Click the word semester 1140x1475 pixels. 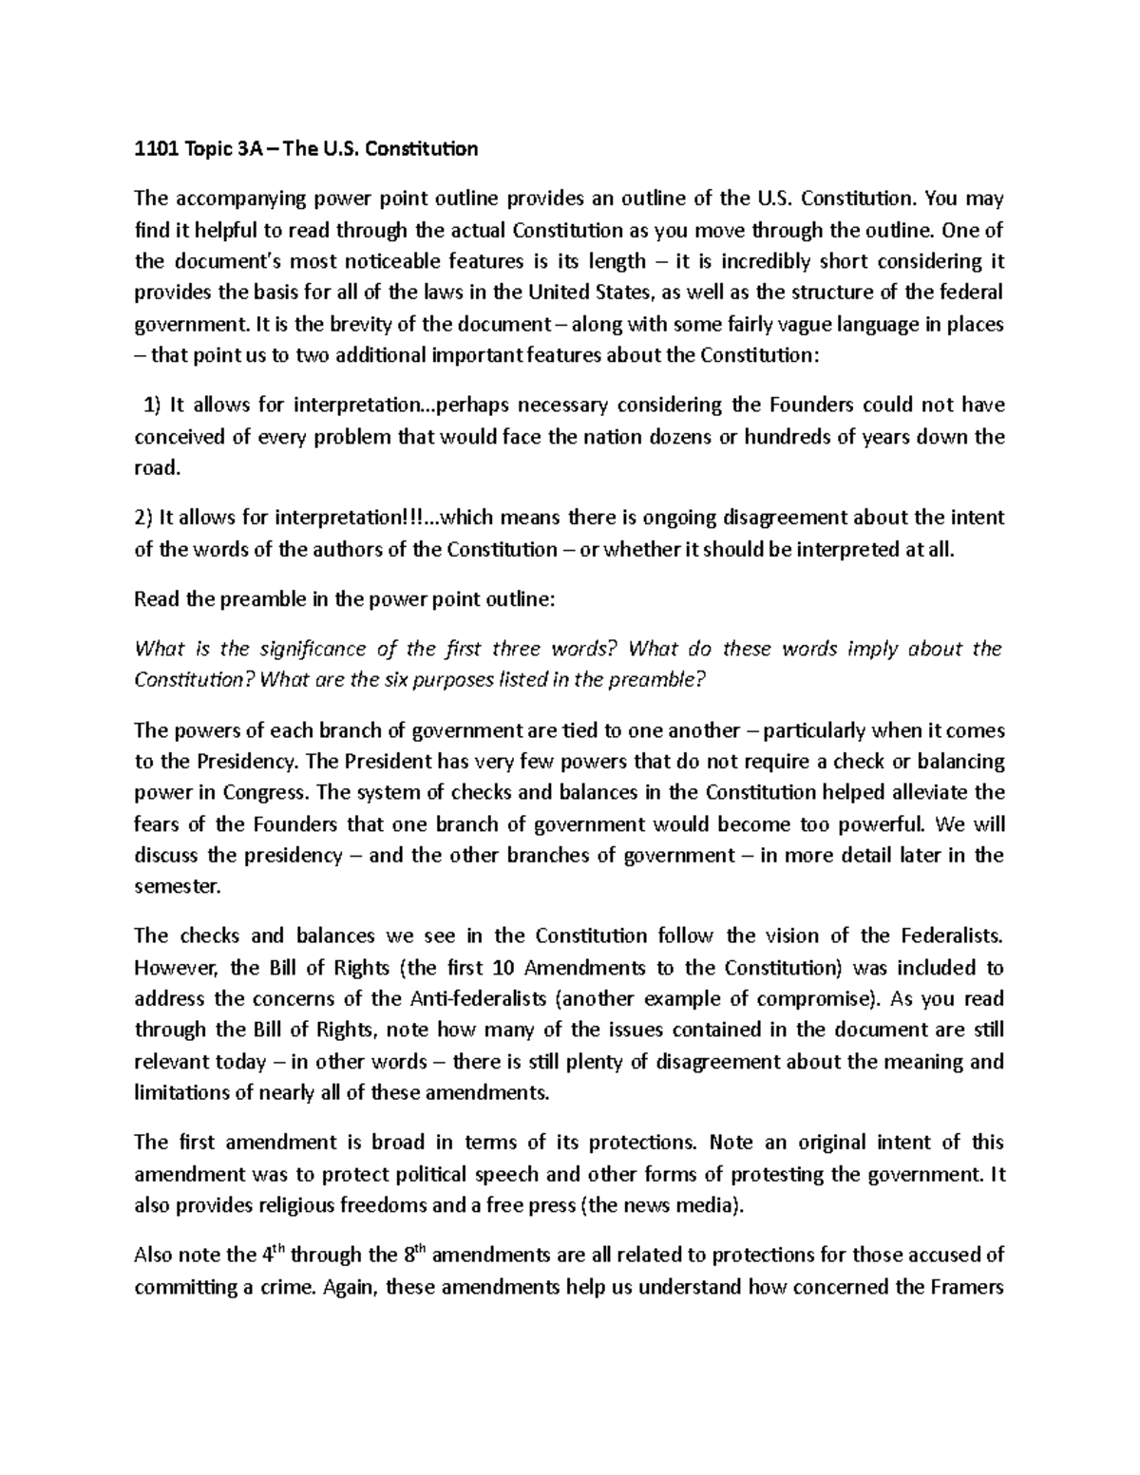[x=177, y=886]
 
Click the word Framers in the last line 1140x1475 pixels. [x=965, y=1288]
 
